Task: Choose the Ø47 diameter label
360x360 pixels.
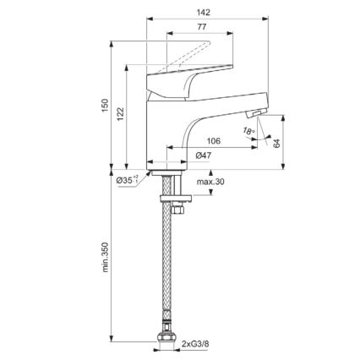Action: (x=203, y=156)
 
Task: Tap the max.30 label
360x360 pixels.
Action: (x=210, y=182)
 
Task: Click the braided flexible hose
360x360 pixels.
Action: (x=169, y=270)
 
